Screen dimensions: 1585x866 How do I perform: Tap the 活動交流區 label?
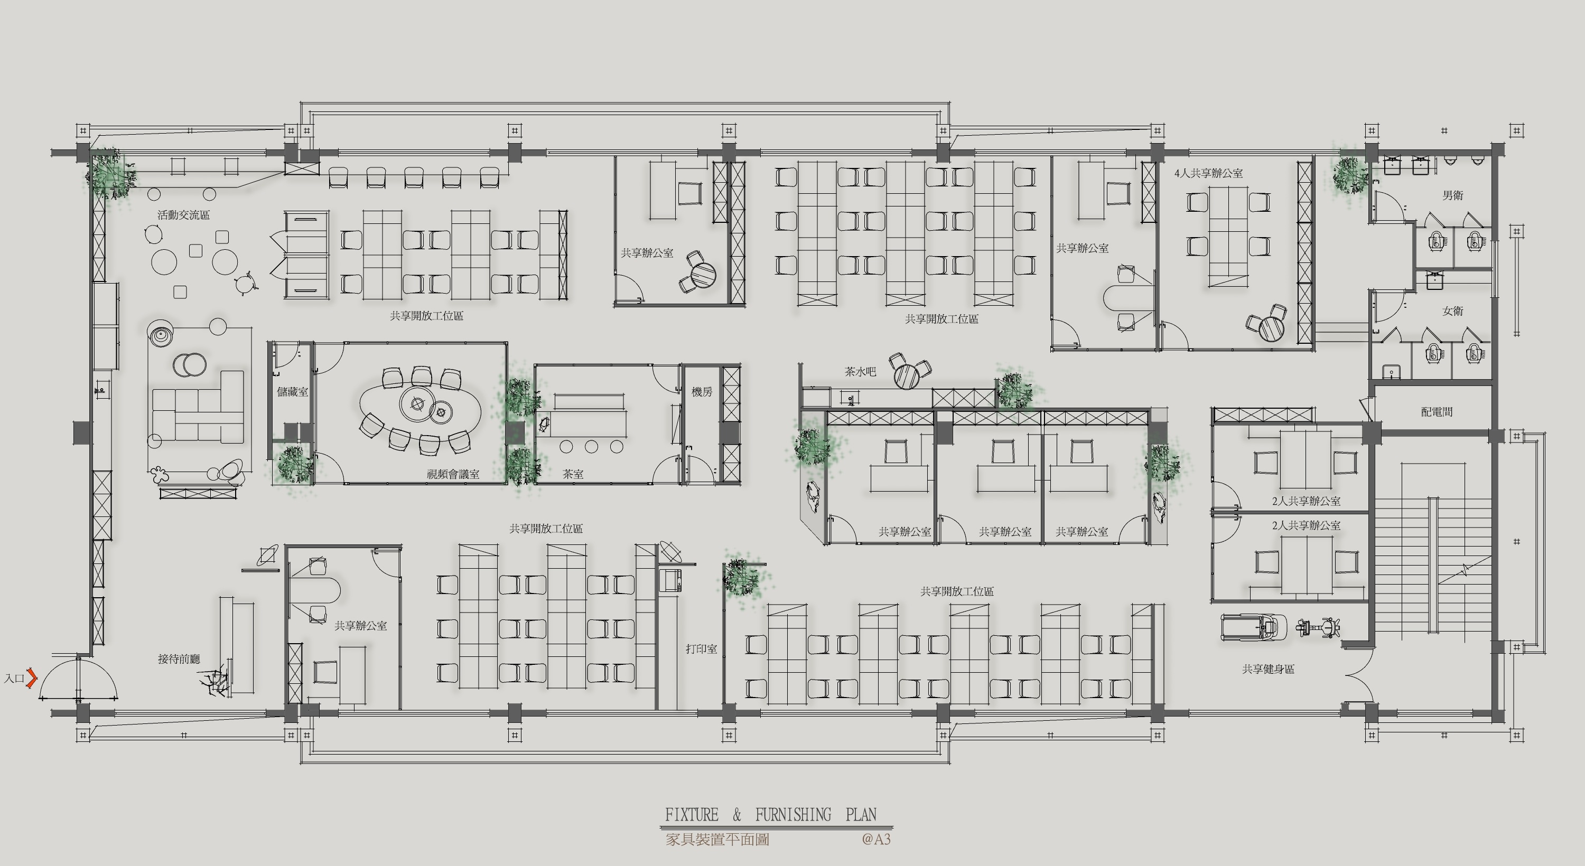tap(183, 215)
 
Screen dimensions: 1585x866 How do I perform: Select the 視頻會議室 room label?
tap(453, 474)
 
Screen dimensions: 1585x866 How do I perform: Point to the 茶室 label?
tap(573, 474)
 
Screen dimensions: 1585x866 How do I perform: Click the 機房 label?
tap(702, 392)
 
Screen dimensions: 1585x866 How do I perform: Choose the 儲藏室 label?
tap(292, 391)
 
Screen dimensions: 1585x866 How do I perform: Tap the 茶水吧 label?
tap(860, 372)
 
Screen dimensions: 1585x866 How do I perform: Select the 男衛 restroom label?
tap(1453, 195)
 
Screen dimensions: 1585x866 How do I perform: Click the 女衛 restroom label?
tap(1453, 310)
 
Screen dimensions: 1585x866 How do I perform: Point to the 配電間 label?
tap(1437, 411)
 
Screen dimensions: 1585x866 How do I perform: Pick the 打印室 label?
tap(702, 649)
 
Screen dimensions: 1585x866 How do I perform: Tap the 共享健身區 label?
tap(1268, 669)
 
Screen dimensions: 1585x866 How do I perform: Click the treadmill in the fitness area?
tap(1253, 627)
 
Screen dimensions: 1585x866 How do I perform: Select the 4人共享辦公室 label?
tap(1208, 173)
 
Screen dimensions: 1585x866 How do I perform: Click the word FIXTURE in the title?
tap(692, 814)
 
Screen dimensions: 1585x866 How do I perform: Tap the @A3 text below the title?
tap(876, 839)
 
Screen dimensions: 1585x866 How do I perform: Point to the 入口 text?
tap(14, 679)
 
